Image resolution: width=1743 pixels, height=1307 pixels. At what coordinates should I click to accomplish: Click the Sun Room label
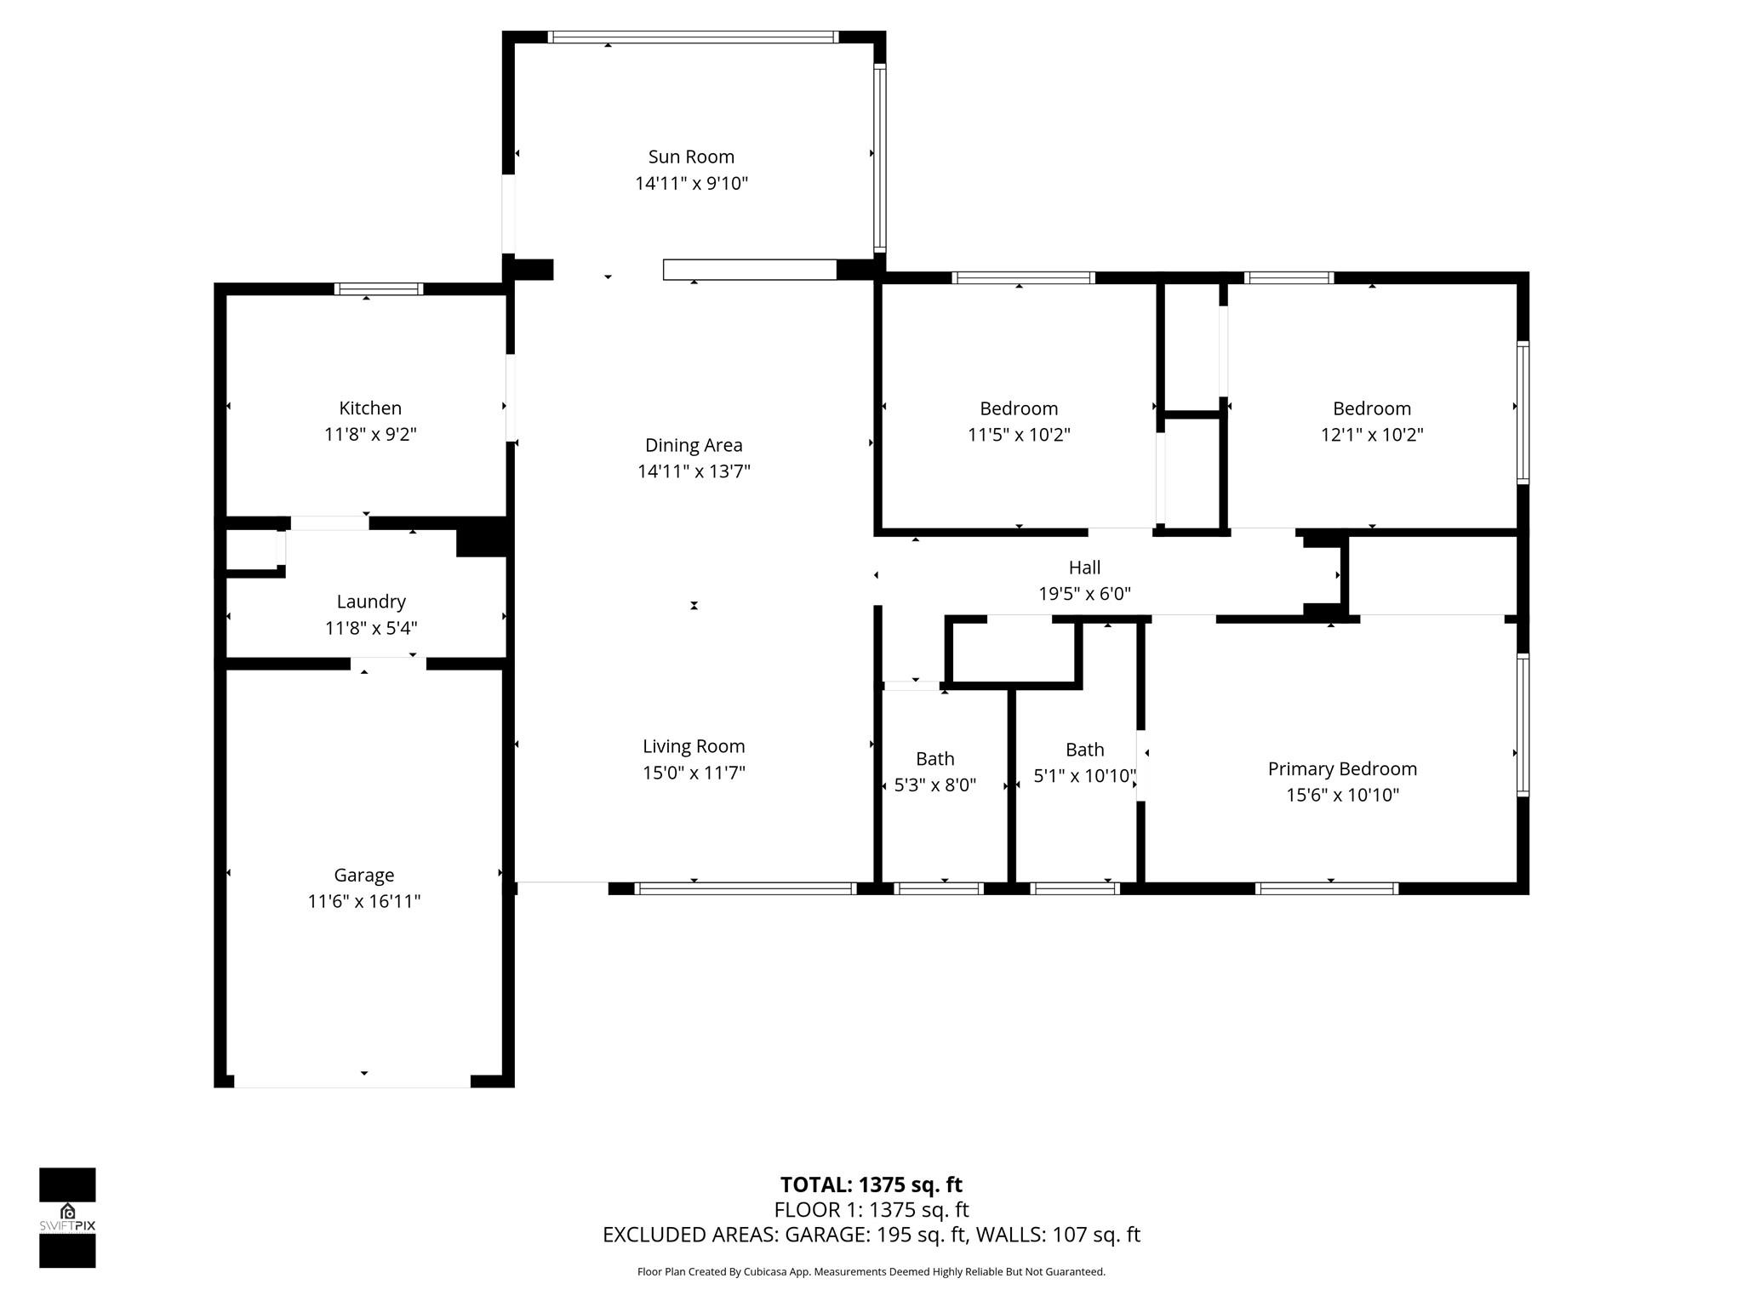690,157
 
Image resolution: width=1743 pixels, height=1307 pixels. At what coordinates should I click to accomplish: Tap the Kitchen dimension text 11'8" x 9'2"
370,435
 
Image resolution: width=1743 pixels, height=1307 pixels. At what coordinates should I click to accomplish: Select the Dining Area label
693,445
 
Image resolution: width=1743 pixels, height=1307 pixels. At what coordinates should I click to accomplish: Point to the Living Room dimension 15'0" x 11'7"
694,773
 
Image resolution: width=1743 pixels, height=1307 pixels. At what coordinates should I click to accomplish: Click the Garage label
363,875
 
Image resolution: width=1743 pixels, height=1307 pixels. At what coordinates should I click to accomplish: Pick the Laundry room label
370,602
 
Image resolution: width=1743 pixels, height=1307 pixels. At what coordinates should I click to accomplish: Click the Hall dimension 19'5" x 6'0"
1084,594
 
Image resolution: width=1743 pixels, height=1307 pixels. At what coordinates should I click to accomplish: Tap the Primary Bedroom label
1342,768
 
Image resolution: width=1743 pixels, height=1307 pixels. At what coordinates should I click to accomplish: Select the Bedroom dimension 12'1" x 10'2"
1371,435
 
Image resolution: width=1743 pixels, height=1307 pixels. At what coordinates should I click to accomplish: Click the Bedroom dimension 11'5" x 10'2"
1018,435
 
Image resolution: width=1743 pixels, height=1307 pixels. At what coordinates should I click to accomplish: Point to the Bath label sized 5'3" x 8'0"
934,758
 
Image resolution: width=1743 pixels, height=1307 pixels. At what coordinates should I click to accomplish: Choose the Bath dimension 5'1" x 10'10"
1084,776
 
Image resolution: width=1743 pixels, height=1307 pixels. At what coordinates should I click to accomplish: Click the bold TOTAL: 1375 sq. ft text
871,1184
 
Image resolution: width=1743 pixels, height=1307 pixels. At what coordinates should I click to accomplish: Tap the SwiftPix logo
67,1218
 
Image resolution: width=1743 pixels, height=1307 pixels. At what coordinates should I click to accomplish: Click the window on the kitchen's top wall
378,288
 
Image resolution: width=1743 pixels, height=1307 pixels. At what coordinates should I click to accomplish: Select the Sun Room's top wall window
692,37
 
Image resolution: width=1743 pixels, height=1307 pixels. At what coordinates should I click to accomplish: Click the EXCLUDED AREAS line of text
871,1235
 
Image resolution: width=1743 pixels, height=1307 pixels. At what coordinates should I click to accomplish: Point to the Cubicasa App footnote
871,1272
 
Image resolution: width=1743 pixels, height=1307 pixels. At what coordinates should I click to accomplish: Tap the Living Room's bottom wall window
746,888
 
